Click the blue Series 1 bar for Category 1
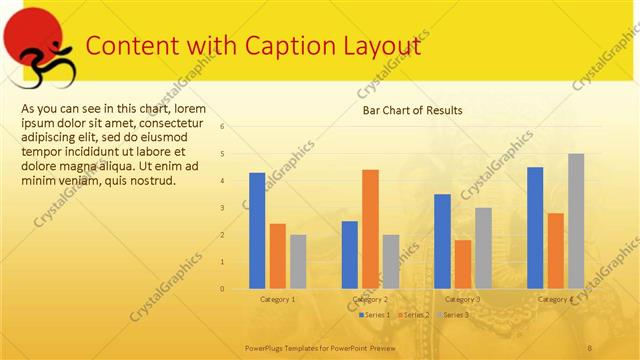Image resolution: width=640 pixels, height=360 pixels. click(x=257, y=231)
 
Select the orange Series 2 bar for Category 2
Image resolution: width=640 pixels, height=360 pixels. click(x=370, y=229)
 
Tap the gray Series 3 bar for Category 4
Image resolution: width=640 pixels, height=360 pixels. click(x=576, y=221)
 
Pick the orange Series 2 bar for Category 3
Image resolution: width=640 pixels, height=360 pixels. click(x=463, y=264)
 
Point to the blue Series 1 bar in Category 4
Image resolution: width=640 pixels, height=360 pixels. click(x=535, y=228)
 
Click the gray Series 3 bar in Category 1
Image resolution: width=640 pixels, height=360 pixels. click(x=298, y=262)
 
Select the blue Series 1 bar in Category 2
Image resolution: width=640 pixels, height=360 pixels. click(x=350, y=255)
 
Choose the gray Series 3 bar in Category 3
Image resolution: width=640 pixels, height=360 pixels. click(x=483, y=248)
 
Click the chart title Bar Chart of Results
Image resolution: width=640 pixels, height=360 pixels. click(x=412, y=111)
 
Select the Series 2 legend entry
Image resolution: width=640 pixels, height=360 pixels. click(x=413, y=315)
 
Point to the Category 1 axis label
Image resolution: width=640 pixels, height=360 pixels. click(x=277, y=299)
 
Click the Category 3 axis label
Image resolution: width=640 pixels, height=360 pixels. click(x=462, y=299)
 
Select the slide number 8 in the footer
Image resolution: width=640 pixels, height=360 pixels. click(x=589, y=346)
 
